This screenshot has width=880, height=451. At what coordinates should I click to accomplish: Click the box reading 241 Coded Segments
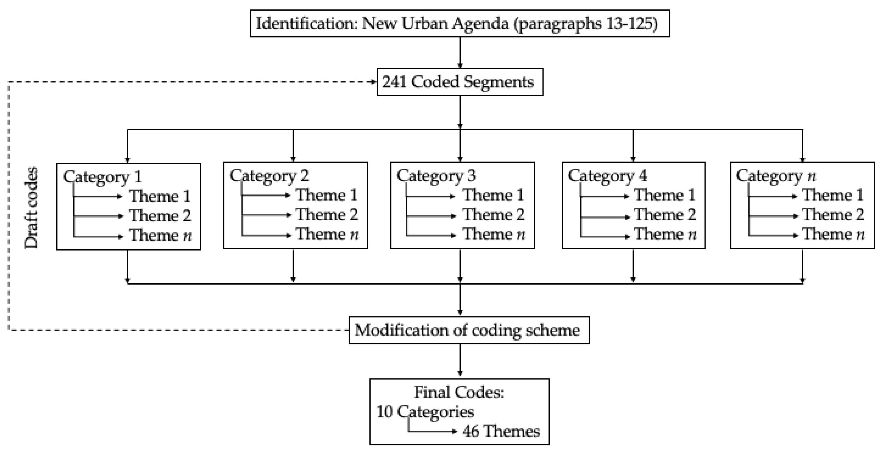[x=460, y=82]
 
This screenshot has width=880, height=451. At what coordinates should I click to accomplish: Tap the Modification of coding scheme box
[x=469, y=330]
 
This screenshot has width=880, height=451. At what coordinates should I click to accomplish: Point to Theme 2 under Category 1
[x=160, y=216]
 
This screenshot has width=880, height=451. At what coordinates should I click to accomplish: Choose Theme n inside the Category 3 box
[x=494, y=234]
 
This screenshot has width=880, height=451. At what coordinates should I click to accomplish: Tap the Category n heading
[x=776, y=176]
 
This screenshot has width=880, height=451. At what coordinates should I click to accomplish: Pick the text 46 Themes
[x=501, y=431]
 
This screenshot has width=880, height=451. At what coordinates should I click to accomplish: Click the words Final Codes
[x=459, y=392]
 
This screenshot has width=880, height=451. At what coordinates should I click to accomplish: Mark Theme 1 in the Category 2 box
[x=327, y=195]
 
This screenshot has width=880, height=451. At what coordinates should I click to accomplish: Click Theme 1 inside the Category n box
[x=833, y=195]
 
